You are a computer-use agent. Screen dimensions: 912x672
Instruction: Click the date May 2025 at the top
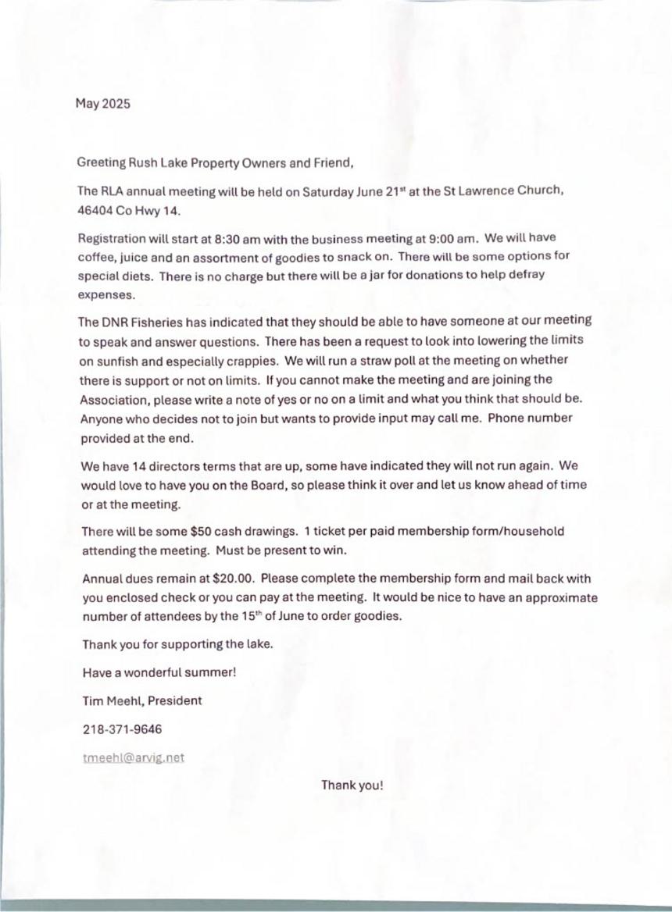coord(103,103)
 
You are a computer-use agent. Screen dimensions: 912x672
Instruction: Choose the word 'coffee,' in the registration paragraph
coord(98,257)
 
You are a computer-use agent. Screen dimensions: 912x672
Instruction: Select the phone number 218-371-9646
coord(123,729)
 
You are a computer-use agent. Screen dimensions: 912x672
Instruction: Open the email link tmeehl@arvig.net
coord(134,757)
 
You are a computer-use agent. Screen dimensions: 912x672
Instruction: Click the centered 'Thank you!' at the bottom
coord(352,785)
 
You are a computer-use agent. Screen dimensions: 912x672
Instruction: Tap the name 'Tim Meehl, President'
coord(142,700)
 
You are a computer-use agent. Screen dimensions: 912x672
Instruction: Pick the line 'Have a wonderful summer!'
coord(159,672)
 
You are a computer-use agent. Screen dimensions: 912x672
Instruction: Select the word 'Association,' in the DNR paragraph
coord(115,399)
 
